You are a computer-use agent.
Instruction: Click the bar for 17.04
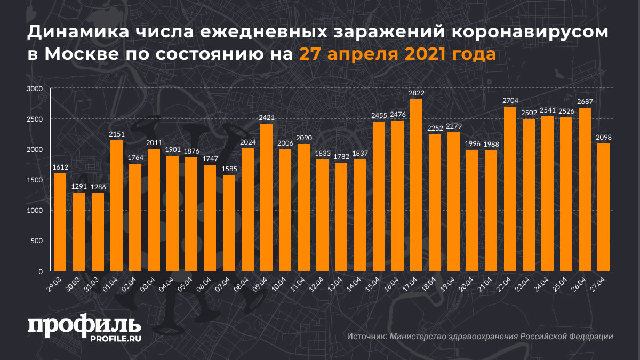(x=417, y=186)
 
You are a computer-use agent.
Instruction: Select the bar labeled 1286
(x=98, y=232)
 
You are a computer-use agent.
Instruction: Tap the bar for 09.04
(x=267, y=197)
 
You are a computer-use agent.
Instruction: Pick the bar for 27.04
(x=604, y=207)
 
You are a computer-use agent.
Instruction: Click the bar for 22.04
(x=510, y=189)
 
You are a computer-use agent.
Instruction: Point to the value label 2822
(x=417, y=93)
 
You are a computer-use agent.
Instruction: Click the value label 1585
(x=229, y=169)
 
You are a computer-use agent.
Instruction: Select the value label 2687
(x=585, y=101)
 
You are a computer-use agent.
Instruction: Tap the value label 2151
(x=116, y=134)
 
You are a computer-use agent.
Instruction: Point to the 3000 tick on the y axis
(x=35, y=89)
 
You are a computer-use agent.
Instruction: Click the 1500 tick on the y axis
(x=35, y=180)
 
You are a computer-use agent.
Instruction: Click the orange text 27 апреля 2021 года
(x=397, y=54)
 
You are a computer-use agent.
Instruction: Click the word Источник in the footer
(x=366, y=337)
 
